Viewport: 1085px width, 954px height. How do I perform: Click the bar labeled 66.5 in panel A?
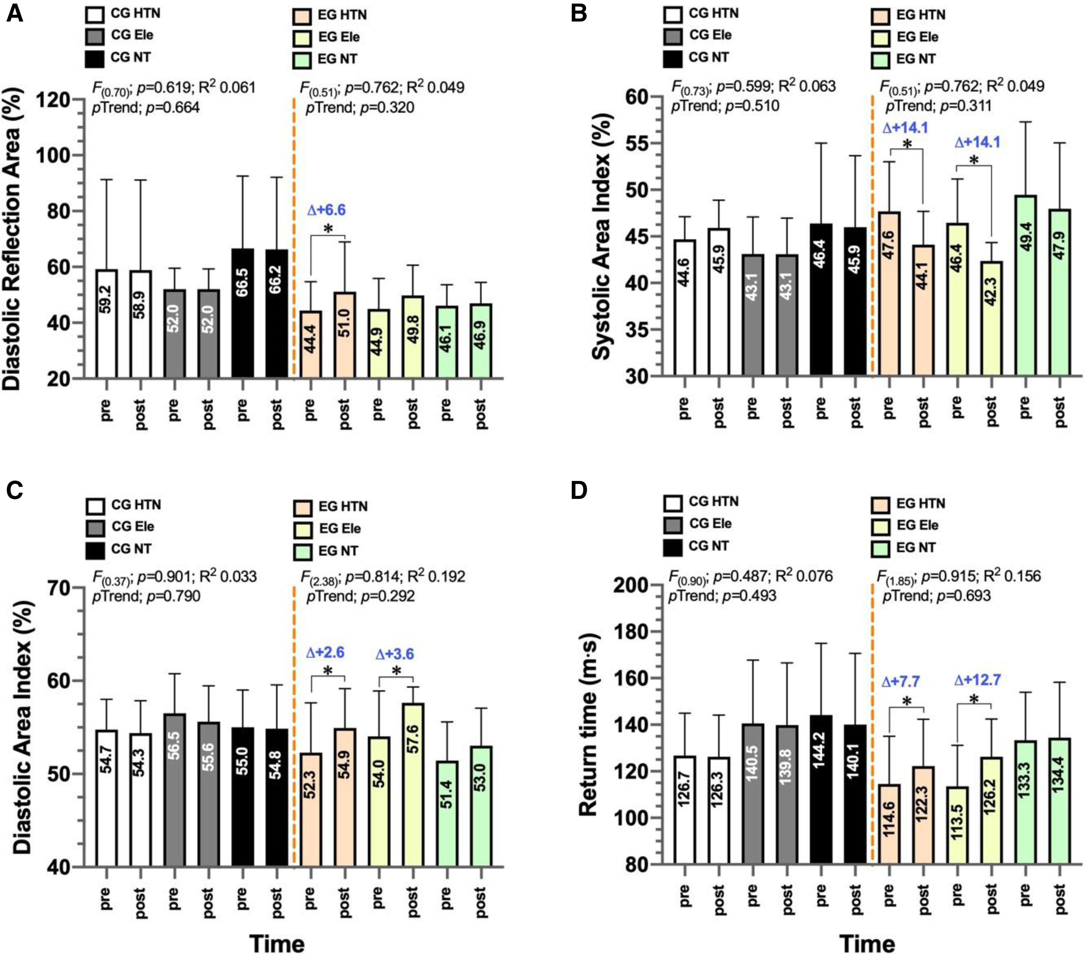[x=243, y=313]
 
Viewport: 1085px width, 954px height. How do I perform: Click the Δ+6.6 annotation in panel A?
[x=327, y=210]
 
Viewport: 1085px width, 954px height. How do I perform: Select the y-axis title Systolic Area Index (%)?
[x=602, y=236]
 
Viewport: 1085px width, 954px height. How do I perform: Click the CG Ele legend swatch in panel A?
[x=94, y=36]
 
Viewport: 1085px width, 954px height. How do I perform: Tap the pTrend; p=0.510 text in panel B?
[x=725, y=106]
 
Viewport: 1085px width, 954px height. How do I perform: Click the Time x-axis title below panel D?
[x=867, y=929]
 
